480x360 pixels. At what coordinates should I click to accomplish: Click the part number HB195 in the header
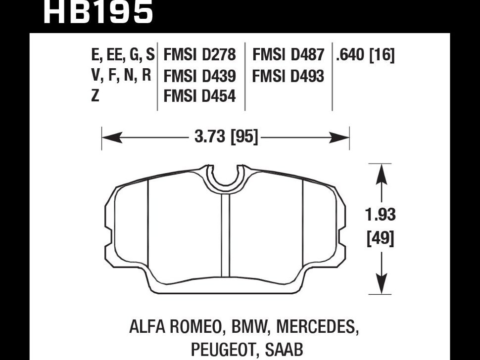pos(98,12)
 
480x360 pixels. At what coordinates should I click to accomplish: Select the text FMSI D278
pos(199,54)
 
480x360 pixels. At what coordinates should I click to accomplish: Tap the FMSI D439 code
pos(199,76)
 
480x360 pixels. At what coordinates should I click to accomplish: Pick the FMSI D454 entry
pos(199,96)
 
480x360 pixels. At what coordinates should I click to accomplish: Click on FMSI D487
pos(288,54)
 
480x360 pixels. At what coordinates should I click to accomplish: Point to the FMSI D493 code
pos(288,76)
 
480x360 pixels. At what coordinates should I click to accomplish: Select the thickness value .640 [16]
pos(365,54)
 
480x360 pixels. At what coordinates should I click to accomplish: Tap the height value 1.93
pos(380,215)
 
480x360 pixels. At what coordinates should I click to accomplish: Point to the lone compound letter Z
pos(95,96)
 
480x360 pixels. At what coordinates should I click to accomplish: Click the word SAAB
pos(284,349)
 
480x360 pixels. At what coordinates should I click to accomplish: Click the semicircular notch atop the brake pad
pos(225,179)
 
